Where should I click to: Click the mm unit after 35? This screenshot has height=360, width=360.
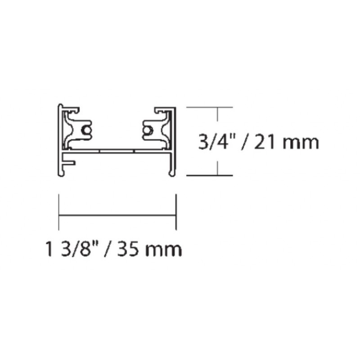point(165,249)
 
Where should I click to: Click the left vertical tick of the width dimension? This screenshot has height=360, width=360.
point(59,211)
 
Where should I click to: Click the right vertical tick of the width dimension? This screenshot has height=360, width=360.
point(175,211)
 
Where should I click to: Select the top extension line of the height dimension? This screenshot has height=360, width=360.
point(209,108)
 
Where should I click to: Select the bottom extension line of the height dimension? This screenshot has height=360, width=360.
point(209,175)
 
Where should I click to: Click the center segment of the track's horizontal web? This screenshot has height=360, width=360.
point(117,150)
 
